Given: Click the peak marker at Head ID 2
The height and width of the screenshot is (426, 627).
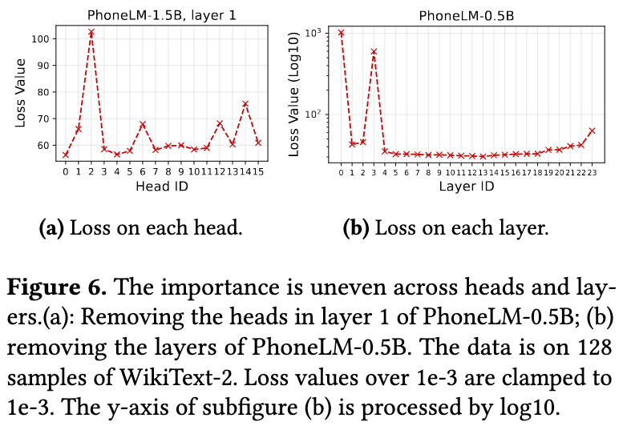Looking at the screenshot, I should pos(91,33).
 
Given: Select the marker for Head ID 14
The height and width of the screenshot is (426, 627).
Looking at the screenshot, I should pos(245,104).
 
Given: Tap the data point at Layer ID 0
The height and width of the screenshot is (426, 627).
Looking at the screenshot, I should pos(341,33).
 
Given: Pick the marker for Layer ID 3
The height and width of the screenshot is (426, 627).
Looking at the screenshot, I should pos(374,52).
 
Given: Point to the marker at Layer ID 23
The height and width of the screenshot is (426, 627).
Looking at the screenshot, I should pos(592,131).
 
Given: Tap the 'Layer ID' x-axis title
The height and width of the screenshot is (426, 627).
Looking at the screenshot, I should pos(466,187).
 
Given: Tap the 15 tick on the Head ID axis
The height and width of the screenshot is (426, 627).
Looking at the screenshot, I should pos(258,171).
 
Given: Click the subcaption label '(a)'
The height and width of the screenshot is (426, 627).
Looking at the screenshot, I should pos(51,228).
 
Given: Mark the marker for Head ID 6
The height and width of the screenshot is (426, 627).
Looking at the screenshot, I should pos(142,124).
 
